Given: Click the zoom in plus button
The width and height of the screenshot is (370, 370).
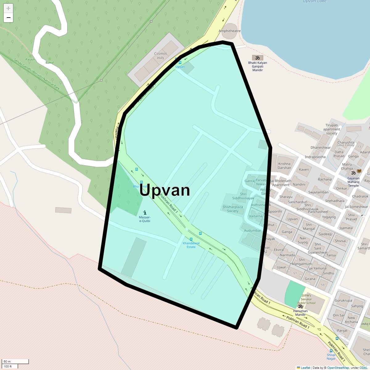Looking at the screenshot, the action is (8, 8).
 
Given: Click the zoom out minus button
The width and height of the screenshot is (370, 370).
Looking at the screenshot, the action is (8, 18).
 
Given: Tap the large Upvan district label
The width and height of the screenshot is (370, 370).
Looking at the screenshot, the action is (165, 190).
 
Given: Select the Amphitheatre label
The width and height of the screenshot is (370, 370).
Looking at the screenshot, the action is (229, 31).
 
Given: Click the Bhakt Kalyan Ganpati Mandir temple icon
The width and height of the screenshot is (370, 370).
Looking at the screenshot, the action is (257, 58).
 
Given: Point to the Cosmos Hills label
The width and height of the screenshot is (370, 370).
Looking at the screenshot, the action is (160, 55).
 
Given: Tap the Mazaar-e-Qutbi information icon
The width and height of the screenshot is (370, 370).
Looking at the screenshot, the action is (145, 212).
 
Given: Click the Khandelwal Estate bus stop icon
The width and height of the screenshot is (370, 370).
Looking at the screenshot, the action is (191, 239).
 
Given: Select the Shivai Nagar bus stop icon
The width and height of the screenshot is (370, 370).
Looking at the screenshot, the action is (331, 351).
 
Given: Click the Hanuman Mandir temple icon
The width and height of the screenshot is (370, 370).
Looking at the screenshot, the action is (300, 306).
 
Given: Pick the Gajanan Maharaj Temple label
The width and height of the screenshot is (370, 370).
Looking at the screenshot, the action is (353, 182).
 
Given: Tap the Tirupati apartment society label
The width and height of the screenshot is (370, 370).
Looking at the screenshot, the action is (331, 129).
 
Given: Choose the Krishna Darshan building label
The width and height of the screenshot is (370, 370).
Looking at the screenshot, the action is (284, 166).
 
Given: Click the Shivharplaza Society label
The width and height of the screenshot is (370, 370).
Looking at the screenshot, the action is (233, 209).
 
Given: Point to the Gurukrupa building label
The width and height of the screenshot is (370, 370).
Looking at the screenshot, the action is (343, 300).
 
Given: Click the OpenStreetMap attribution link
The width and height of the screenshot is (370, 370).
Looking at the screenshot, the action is (338, 368).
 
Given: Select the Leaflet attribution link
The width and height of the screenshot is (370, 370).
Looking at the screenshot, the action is (305, 368).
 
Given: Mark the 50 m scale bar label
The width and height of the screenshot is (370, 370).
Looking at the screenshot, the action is (7, 361).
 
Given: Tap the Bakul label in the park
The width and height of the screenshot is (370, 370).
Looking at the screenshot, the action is (49, 62).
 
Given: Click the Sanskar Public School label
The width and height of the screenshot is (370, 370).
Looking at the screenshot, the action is (306, 299).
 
